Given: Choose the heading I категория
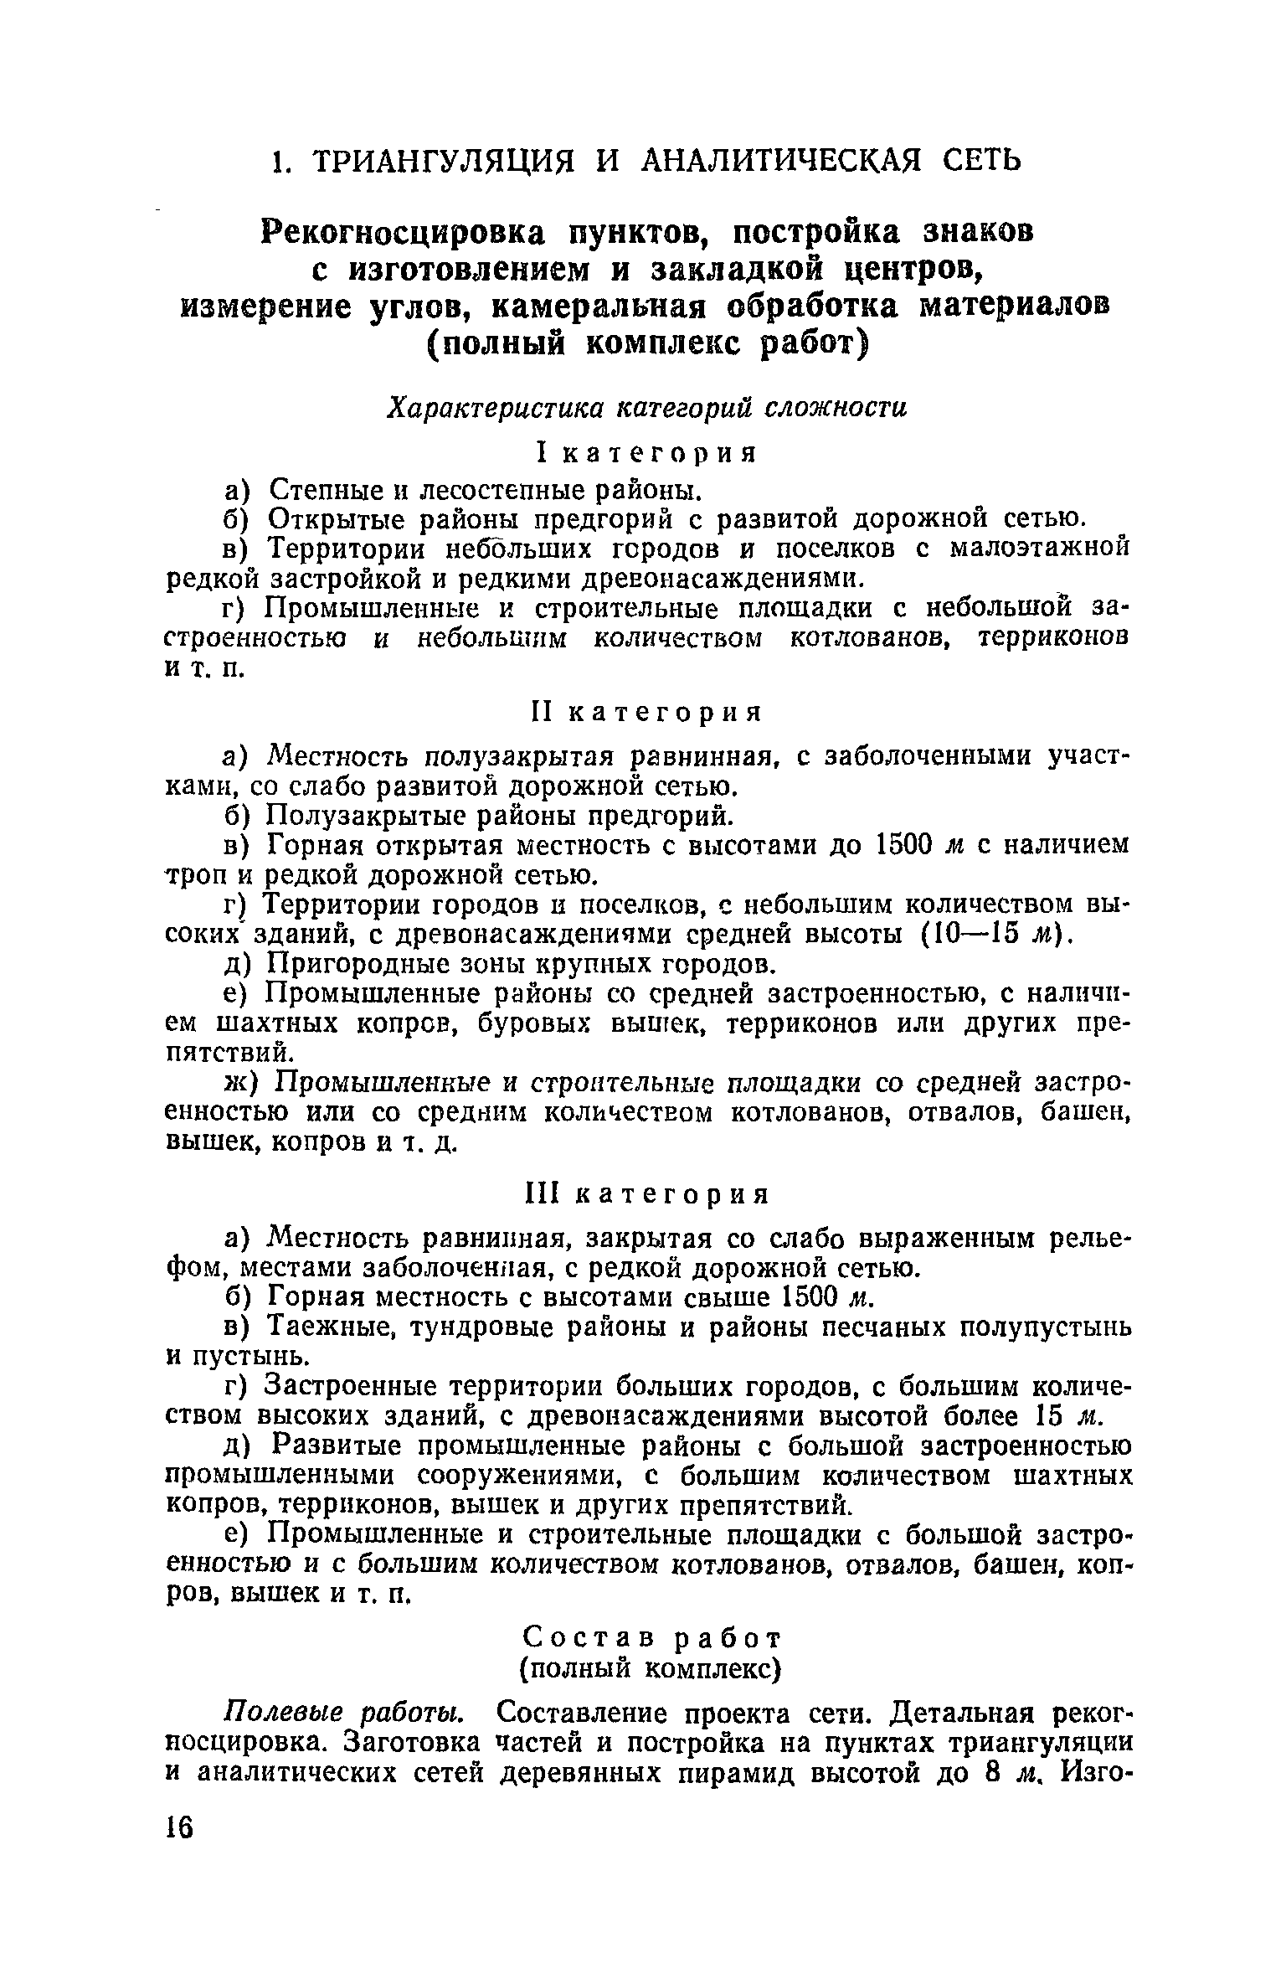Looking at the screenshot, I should click(646, 453).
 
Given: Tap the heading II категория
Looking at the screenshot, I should click(646, 713).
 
